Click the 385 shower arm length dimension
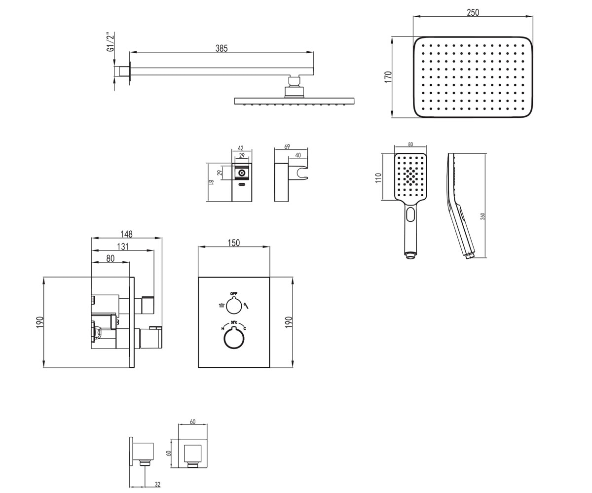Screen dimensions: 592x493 (x=222, y=48)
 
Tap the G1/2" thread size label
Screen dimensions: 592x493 (x=111, y=42)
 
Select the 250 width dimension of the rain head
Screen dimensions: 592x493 (x=473, y=12)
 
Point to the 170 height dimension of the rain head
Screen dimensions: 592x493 (x=388, y=77)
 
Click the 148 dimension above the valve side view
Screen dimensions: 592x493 (x=126, y=234)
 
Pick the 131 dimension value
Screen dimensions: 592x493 (x=123, y=246)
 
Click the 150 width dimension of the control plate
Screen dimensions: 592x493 (x=234, y=243)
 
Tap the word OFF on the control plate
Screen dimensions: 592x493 (x=234, y=293)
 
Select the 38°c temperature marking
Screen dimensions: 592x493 (x=234, y=322)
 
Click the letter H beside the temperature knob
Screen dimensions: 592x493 (x=223, y=329)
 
